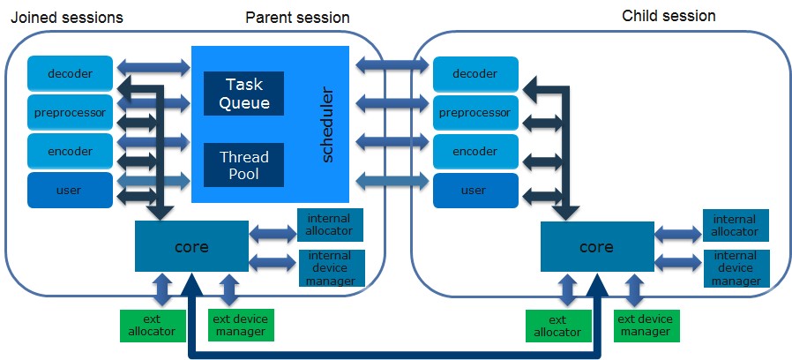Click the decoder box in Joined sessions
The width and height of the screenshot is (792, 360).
pyautogui.click(x=70, y=73)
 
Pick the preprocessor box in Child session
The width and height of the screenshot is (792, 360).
pyautogui.click(x=475, y=113)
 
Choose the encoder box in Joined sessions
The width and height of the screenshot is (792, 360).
pyautogui.click(x=70, y=151)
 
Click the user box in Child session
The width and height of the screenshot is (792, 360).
pyautogui.click(x=475, y=191)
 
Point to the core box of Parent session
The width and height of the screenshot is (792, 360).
pyautogui.click(x=191, y=246)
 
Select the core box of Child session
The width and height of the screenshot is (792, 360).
pyautogui.click(x=596, y=246)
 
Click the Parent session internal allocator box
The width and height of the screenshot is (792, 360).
pyautogui.click(x=330, y=225)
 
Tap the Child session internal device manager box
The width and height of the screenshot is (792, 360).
pyautogui.click(x=736, y=268)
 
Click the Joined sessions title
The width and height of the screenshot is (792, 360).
pyautogui.click(x=64, y=18)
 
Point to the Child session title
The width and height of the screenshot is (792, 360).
pyautogui.click(x=669, y=16)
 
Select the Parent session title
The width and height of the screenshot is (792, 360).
pyautogui.click(x=297, y=18)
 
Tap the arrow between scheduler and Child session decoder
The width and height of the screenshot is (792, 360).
pyautogui.click(x=393, y=64)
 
